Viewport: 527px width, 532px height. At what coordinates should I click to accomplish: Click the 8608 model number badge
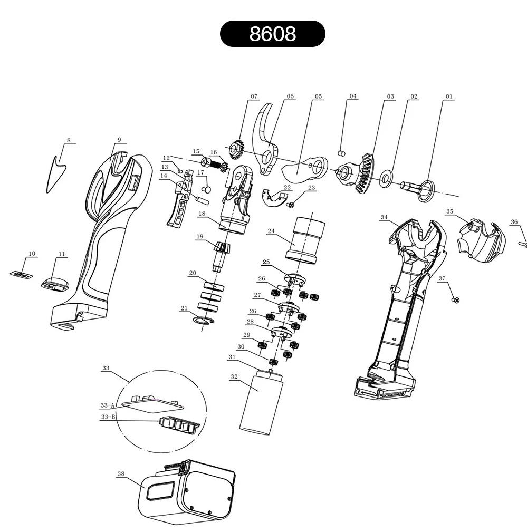[273, 34]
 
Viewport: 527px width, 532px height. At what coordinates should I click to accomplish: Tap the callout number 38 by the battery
[121, 473]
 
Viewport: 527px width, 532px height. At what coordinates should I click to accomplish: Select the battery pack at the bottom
[187, 492]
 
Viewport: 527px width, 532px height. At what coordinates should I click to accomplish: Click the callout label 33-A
[108, 405]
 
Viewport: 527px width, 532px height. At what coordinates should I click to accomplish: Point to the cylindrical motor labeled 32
[261, 402]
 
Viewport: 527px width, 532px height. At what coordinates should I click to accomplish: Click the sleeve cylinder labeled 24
[305, 240]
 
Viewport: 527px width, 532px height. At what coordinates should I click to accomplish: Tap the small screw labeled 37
[456, 300]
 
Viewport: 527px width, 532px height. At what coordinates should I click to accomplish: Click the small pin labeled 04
[342, 153]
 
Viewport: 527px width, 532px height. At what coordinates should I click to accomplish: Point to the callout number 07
[254, 96]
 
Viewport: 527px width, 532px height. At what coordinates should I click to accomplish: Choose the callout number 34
[384, 217]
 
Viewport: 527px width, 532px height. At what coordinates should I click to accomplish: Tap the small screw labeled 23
[290, 205]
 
